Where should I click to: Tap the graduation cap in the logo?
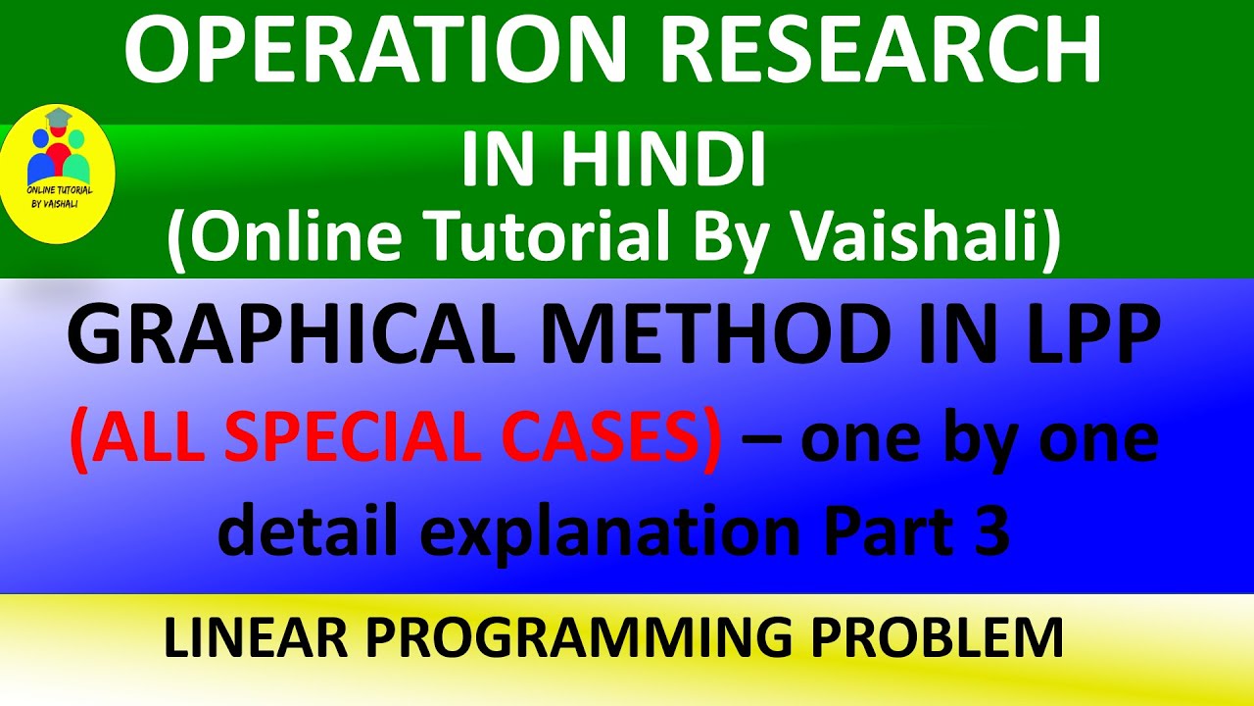click(x=59, y=119)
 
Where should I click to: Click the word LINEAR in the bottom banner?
click(x=250, y=638)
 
